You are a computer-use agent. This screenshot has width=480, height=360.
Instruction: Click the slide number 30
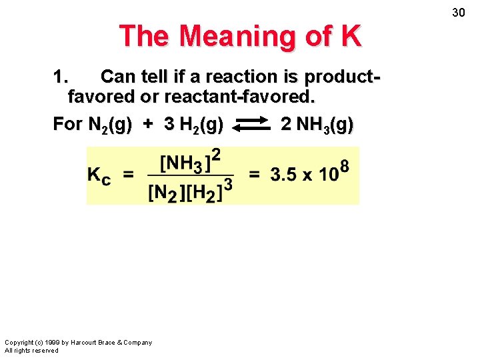[458, 13]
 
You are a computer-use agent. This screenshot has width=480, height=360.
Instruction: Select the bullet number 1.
[59, 77]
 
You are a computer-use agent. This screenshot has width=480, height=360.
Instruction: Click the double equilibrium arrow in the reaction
[251, 125]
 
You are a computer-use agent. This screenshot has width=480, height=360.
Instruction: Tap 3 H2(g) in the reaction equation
[193, 125]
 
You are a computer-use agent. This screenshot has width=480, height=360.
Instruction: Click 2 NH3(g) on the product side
[317, 125]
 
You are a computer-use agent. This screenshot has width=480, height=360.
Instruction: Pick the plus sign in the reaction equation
[148, 125]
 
